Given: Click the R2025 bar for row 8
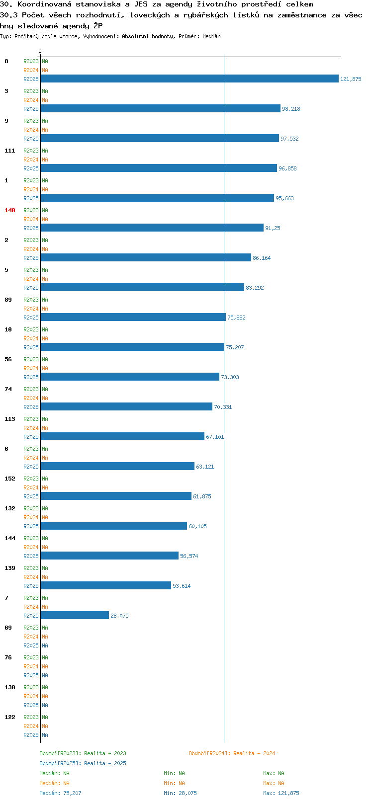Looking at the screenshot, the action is pos(189,79).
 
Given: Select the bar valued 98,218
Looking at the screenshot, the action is pos(161,108).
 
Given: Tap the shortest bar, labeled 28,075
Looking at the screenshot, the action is pos(75,615).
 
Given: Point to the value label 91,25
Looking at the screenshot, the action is pos(273,228).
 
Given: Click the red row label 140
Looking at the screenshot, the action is pos(9,210).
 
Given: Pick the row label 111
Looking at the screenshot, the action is pos(9,151).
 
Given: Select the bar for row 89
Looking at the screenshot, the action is pos(133,317).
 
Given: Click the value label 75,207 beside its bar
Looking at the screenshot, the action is pos(235,347).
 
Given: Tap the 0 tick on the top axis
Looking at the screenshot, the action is pos(40,51).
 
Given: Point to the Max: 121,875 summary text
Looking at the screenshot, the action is pos(281,793).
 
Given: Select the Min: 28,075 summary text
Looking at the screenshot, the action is pos(180,793).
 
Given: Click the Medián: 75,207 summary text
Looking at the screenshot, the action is pos(60,793).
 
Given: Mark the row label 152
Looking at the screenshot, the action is pos(9,479).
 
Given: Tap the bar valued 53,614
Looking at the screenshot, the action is pos(106,585).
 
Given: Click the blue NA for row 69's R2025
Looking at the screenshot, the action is pos(45,645).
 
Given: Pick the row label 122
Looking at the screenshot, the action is pos(9,717).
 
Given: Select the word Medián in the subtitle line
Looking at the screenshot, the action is pos(211,36).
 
